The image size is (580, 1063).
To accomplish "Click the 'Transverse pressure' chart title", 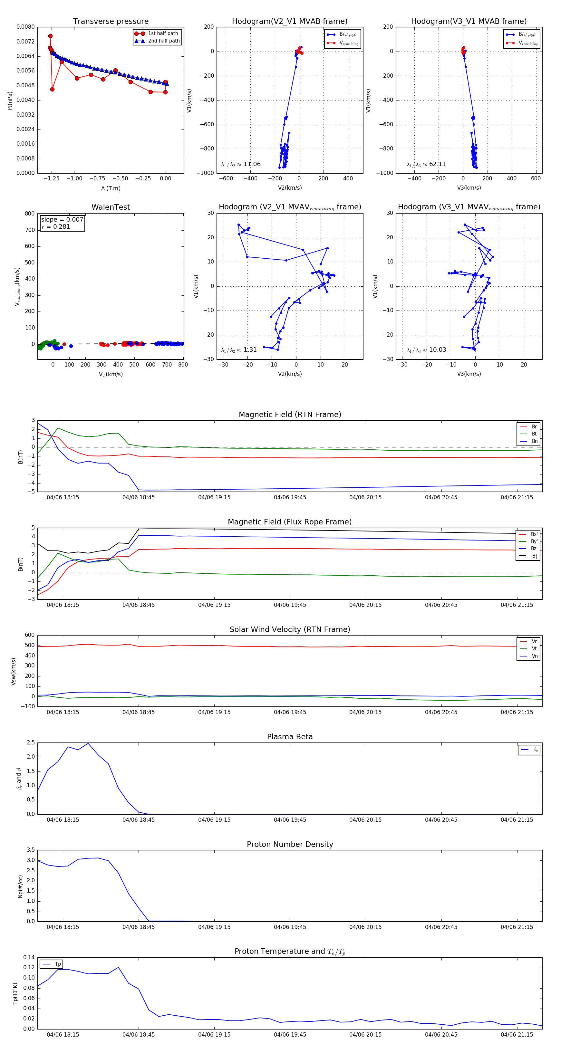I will click(x=111, y=22).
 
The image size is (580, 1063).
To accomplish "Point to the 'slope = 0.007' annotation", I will click(x=62, y=220).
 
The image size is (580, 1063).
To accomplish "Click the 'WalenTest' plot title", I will click(x=111, y=207).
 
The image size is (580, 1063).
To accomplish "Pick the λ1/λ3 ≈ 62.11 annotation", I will click(x=426, y=164).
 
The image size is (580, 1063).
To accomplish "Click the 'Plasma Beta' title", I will click(x=290, y=737).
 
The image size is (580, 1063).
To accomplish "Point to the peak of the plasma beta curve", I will click(x=88, y=743).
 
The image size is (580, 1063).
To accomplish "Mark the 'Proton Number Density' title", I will click(x=290, y=844).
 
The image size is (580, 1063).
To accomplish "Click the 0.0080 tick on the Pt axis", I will click(x=25, y=27).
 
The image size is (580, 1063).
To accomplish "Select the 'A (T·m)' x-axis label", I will click(x=111, y=188).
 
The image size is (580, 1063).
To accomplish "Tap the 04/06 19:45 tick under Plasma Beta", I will click(x=290, y=819).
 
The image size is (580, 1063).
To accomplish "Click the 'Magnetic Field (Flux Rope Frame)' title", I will click(x=290, y=522).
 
